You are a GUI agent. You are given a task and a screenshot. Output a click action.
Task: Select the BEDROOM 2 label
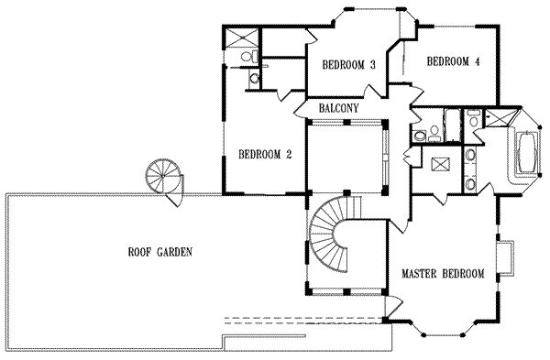(264, 154)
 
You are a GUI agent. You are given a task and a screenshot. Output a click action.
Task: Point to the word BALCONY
(338, 108)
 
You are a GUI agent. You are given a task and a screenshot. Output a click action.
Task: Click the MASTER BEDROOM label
(443, 274)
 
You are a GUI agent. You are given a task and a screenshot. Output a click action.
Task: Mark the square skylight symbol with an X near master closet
(440, 167)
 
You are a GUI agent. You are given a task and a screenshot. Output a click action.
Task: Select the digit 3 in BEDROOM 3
(373, 65)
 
